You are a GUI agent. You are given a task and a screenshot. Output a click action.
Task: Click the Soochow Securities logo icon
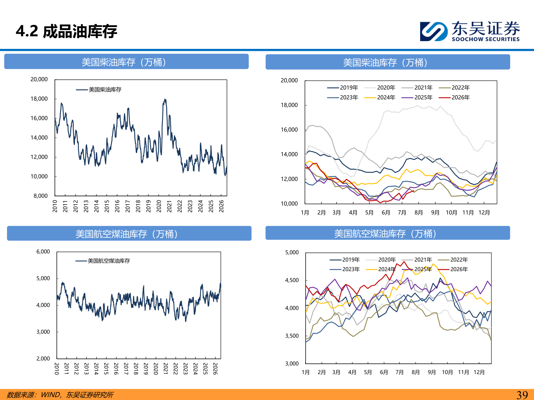434,31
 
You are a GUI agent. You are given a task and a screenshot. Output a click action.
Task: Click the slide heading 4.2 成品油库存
66,31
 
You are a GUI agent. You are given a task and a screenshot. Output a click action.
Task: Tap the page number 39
522,395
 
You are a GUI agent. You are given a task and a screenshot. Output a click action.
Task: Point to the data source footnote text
60,395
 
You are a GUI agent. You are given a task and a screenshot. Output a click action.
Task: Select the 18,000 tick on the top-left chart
39,99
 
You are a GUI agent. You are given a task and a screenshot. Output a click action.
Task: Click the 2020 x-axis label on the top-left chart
159,206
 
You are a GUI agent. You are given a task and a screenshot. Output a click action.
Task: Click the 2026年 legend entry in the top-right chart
454,97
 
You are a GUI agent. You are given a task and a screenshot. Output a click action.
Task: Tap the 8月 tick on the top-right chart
419,213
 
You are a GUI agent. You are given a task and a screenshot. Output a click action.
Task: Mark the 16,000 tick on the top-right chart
289,130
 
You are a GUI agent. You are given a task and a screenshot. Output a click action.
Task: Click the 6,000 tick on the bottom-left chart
43,251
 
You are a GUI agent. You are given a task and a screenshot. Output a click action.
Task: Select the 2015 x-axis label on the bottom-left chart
106,369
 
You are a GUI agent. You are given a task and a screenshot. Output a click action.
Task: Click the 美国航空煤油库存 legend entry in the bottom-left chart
102,261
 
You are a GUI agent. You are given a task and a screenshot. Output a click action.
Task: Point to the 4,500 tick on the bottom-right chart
292,280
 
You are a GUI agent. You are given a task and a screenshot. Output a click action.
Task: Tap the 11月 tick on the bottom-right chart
464,372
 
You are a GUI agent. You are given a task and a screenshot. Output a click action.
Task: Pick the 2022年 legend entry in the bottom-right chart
452,260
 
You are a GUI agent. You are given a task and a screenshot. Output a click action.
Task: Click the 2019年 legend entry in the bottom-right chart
345,260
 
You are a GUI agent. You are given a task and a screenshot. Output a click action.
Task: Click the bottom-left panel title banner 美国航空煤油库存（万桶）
129,233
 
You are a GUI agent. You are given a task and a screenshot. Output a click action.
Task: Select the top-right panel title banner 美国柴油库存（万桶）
388,62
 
